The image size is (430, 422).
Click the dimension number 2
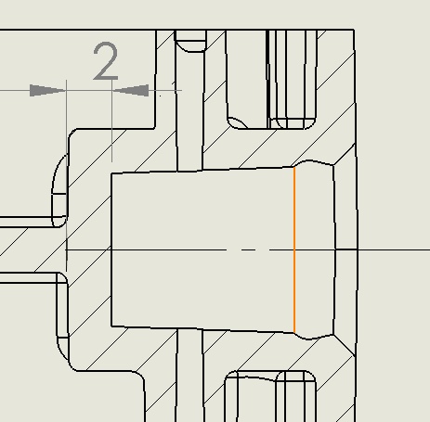tap(106, 61)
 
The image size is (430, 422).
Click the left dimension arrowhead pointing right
tap(48, 90)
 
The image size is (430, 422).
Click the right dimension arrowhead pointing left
tap(130, 90)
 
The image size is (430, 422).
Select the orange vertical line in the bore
tap(294, 249)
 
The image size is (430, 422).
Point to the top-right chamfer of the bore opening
tap(345, 154)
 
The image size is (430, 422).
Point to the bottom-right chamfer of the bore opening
tap(345, 345)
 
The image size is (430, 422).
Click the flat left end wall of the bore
tap(111, 249)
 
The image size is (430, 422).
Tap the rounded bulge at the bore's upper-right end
tap(313, 163)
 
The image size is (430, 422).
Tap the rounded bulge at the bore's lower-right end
tap(313, 337)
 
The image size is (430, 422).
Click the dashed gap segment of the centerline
tap(248, 249)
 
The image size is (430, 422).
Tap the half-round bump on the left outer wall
tap(60, 191)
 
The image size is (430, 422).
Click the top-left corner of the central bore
tap(111, 173)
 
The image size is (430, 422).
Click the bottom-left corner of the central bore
tap(111, 326)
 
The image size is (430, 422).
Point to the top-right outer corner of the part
tap(355, 30)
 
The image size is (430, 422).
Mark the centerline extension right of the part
tap(394, 249)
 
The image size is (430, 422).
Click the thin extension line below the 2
tap(112, 121)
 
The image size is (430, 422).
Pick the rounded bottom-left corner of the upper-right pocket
tap(235, 122)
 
